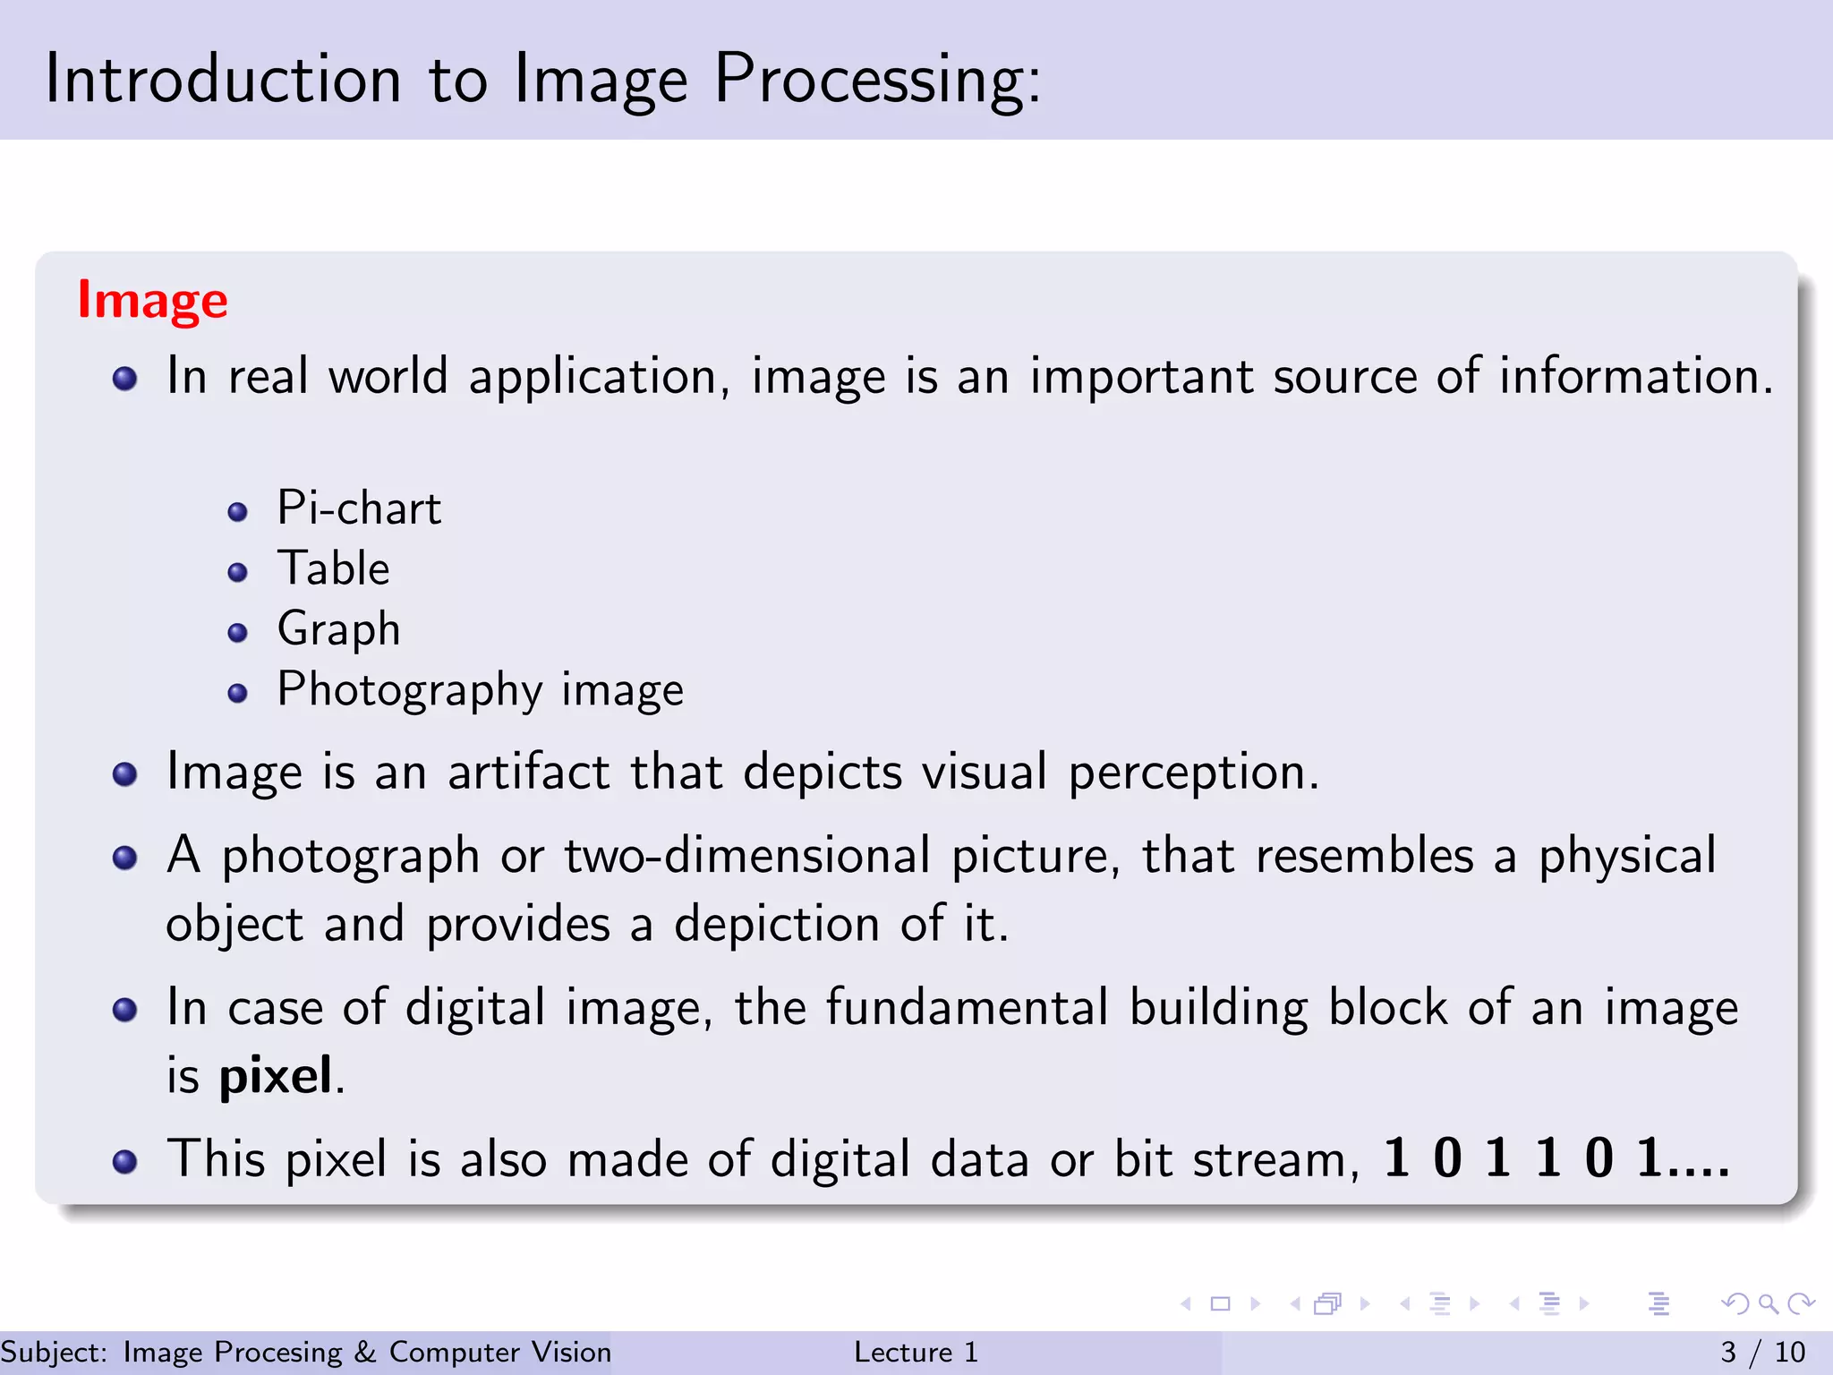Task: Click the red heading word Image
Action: [152, 301]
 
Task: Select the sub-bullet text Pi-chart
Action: [359, 508]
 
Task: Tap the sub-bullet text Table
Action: [333, 568]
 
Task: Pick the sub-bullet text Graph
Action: [338, 629]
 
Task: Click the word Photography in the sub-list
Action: [410, 690]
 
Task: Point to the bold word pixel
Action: [276, 1076]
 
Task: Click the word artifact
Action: [528, 772]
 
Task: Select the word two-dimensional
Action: [747, 856]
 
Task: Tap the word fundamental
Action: [967, 1007]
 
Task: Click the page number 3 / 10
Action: [1762, 1352]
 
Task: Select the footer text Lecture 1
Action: [916, 1352]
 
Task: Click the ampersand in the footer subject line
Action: [365, 1352]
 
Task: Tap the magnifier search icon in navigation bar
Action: [1767, 1303]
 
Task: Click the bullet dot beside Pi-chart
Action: [237, 512]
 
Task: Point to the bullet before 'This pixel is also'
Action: [124, 1162]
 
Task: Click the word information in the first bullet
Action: [1635, 376]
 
